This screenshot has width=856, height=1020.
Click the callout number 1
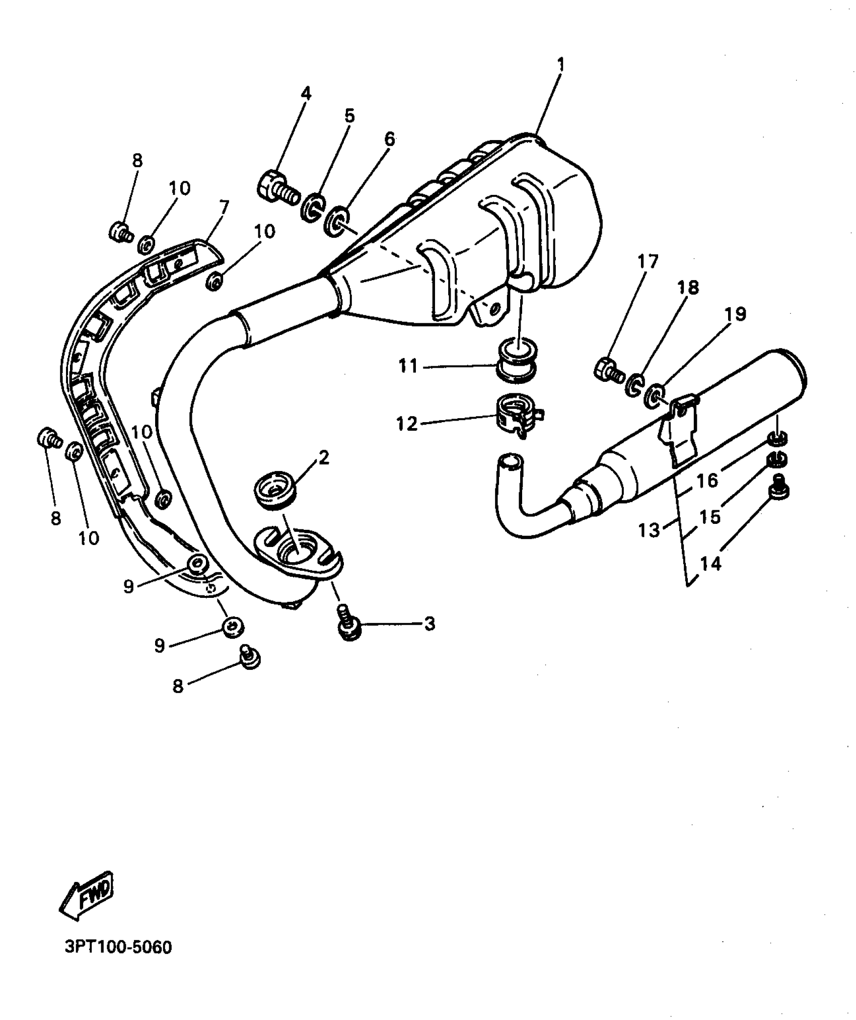point(560,65)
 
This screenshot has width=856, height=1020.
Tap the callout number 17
point(648,262)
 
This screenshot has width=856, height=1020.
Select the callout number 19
point(735,314)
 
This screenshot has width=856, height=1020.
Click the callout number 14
point(710,564)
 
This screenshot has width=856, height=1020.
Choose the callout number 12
point(407,424)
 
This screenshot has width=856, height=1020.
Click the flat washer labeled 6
point(335,222)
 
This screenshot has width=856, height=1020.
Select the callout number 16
point(707,480)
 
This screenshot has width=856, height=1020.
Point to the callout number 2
point(324,457)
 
